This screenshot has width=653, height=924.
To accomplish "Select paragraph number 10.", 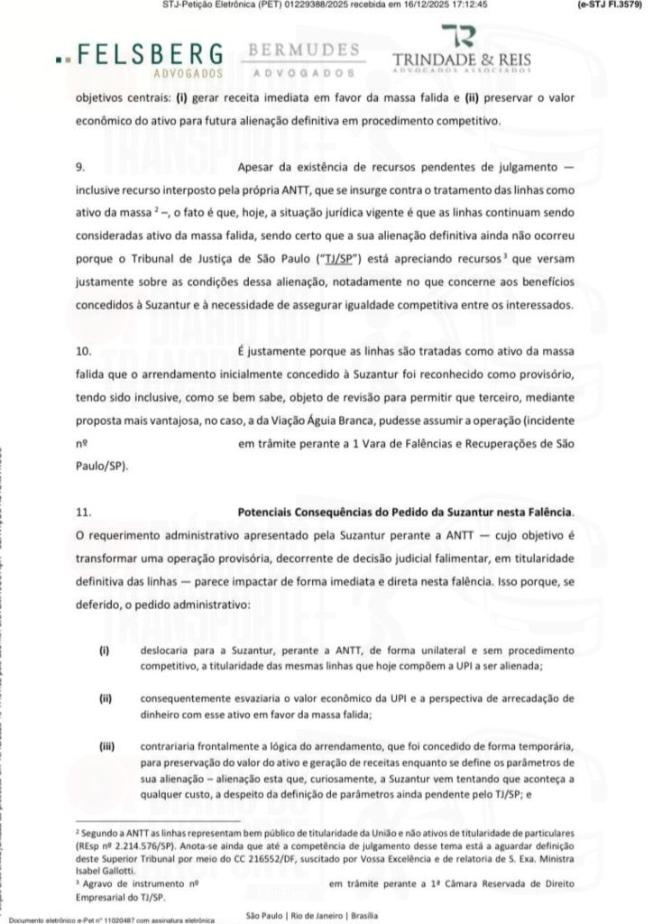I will tap(82, 349).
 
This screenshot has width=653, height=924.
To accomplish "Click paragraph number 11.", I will tap(82, 512).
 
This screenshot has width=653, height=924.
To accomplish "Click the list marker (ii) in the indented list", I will tap(106, 698).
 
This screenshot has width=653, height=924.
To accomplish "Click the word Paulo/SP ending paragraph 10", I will tap(101, 466).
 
